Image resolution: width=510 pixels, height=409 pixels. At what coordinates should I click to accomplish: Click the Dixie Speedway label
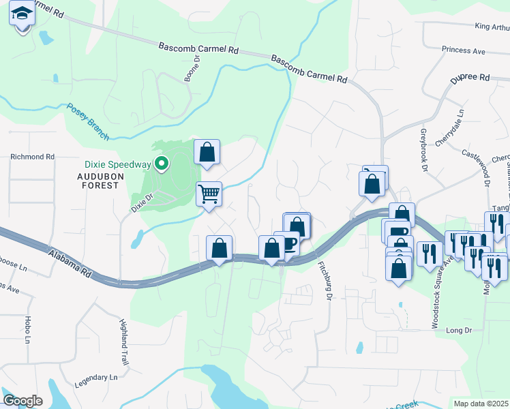(x=117, y=164)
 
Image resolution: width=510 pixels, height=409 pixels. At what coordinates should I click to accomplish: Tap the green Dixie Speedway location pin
(x=162, y=164)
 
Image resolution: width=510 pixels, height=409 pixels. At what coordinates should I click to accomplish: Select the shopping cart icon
(x=209, y=194)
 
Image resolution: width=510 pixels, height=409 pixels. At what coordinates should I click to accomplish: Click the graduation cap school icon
(x=22, y=14)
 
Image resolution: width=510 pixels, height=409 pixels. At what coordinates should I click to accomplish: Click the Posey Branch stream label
(x=88, y=122)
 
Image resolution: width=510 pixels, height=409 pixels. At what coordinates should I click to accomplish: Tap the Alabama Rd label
(x=70, y=263)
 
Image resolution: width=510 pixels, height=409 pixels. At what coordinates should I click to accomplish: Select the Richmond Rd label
(x=32, y=157)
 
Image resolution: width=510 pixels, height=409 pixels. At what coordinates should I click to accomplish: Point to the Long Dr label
(x=459, y=330)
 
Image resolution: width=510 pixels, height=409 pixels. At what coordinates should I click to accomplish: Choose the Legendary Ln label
(x=96, y=377)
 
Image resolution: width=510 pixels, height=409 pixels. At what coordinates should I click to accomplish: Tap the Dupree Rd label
(x=470, y=78)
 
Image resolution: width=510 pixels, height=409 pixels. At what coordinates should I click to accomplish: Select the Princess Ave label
(x=463, y=50)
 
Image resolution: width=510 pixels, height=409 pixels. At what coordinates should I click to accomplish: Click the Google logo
(x=22, y=401)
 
